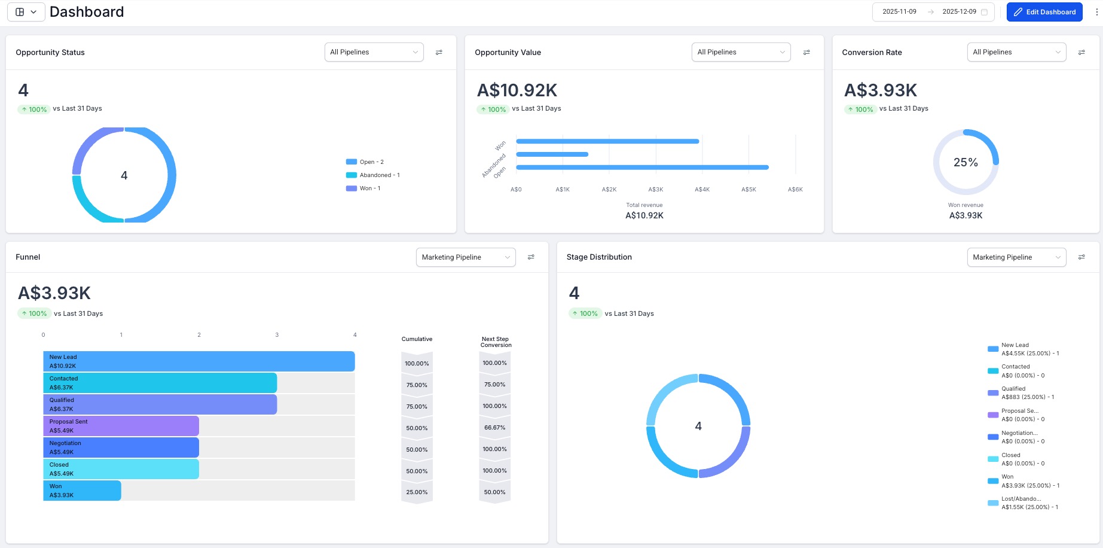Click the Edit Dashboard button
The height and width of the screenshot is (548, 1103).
[x=1044, y=12]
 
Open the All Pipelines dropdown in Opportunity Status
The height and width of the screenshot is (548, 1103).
[x=374, y=52]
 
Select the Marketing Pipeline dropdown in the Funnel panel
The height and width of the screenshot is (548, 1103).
[x=465, y=257]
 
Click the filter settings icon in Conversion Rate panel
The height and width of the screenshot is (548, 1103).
[x=1081, y=53]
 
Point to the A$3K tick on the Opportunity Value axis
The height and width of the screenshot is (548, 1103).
[x=656, y=190]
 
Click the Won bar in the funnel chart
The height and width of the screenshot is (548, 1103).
[x=82, y=491]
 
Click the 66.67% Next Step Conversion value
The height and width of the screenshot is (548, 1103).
[x=494, y=428]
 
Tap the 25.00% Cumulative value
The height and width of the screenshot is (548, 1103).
[x=417, y=492]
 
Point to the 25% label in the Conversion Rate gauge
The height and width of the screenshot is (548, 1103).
[x=965, y=163]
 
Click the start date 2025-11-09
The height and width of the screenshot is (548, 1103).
[x=899, y=12]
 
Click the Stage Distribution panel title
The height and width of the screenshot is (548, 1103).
[x=599, y=257]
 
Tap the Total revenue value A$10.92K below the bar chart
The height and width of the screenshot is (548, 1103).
[x=644, y=215]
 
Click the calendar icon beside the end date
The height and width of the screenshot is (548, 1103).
[x=984, y=12]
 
